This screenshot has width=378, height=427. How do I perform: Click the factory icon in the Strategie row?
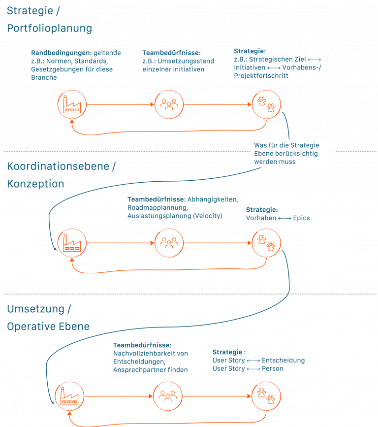[72, 104]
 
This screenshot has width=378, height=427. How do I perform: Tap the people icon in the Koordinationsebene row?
[169, 242]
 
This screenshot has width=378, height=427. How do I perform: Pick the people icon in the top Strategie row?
[169, 104]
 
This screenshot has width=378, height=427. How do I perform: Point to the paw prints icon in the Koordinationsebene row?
[267, 242]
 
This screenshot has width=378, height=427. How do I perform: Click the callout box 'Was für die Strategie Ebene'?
[293, 153]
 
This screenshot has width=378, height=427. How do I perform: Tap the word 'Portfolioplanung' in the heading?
[49, 28]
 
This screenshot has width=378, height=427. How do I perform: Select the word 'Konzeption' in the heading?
[35, 184]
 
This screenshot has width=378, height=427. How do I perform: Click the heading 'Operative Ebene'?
[48, 326]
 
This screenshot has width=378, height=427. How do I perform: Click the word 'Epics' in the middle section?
[301, 218]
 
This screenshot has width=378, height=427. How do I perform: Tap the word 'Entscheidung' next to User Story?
[283, 361]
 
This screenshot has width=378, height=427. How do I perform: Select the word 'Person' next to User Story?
[273, 368]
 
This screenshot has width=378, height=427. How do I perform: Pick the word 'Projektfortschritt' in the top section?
[261, 76]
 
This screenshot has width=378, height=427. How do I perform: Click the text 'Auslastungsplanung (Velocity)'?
[175, 216]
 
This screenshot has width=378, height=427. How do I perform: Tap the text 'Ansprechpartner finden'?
[150, 369]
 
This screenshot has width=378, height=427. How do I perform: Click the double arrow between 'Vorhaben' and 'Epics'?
[284, 218]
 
